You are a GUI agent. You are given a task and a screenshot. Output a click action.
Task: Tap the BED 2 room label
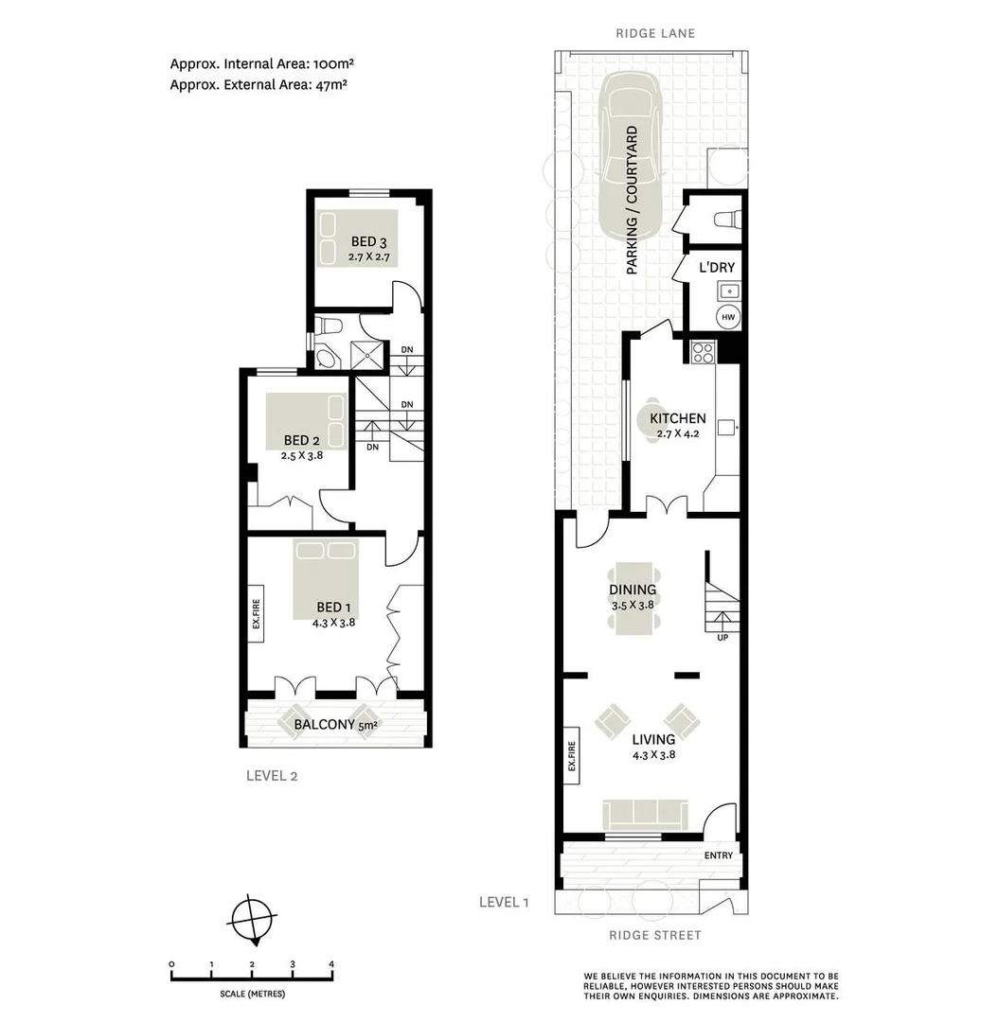(x=302, y=440)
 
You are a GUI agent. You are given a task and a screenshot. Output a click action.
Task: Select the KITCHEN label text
(x=677, y=418)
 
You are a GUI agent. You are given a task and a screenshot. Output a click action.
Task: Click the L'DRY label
(x=717, y=268)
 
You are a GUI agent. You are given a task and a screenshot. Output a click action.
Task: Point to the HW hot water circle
(x=728, y=317)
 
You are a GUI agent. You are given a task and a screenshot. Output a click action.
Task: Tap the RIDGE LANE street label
(x=655, y=33)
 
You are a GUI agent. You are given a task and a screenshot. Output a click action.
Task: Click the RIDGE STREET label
(x=655, y=936)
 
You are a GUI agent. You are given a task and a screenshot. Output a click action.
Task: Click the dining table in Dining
(x=633, y=599)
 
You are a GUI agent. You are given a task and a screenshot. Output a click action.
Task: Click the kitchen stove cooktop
(x=704, y=352)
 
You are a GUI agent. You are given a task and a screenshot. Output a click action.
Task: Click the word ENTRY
(x=719, y=855)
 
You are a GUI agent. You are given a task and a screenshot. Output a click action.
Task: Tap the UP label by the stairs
(x=723, y=637)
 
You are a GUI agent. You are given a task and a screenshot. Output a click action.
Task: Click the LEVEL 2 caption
(x=272, y=776)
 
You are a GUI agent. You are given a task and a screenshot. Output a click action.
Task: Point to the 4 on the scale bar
(x=331, y=964)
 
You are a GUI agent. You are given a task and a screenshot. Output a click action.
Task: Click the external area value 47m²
(x=332, y=84)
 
